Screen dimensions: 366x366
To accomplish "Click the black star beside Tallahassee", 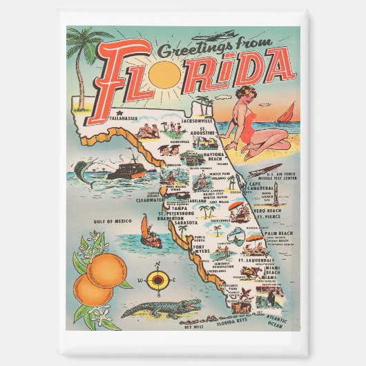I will [x=119, y=112].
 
